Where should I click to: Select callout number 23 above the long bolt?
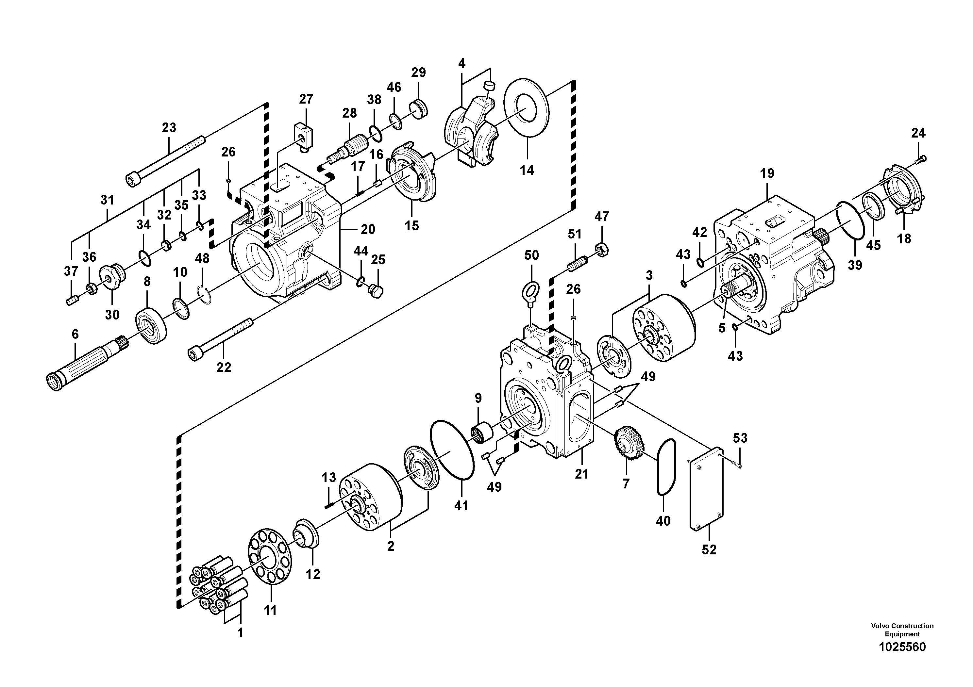[x=169, y=127]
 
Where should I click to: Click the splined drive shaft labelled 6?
[x=85, y=360]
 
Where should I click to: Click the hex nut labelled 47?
[x=602, y=249]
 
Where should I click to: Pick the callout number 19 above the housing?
[x=767, y=173]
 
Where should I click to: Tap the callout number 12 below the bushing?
[x=313, y=574]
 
